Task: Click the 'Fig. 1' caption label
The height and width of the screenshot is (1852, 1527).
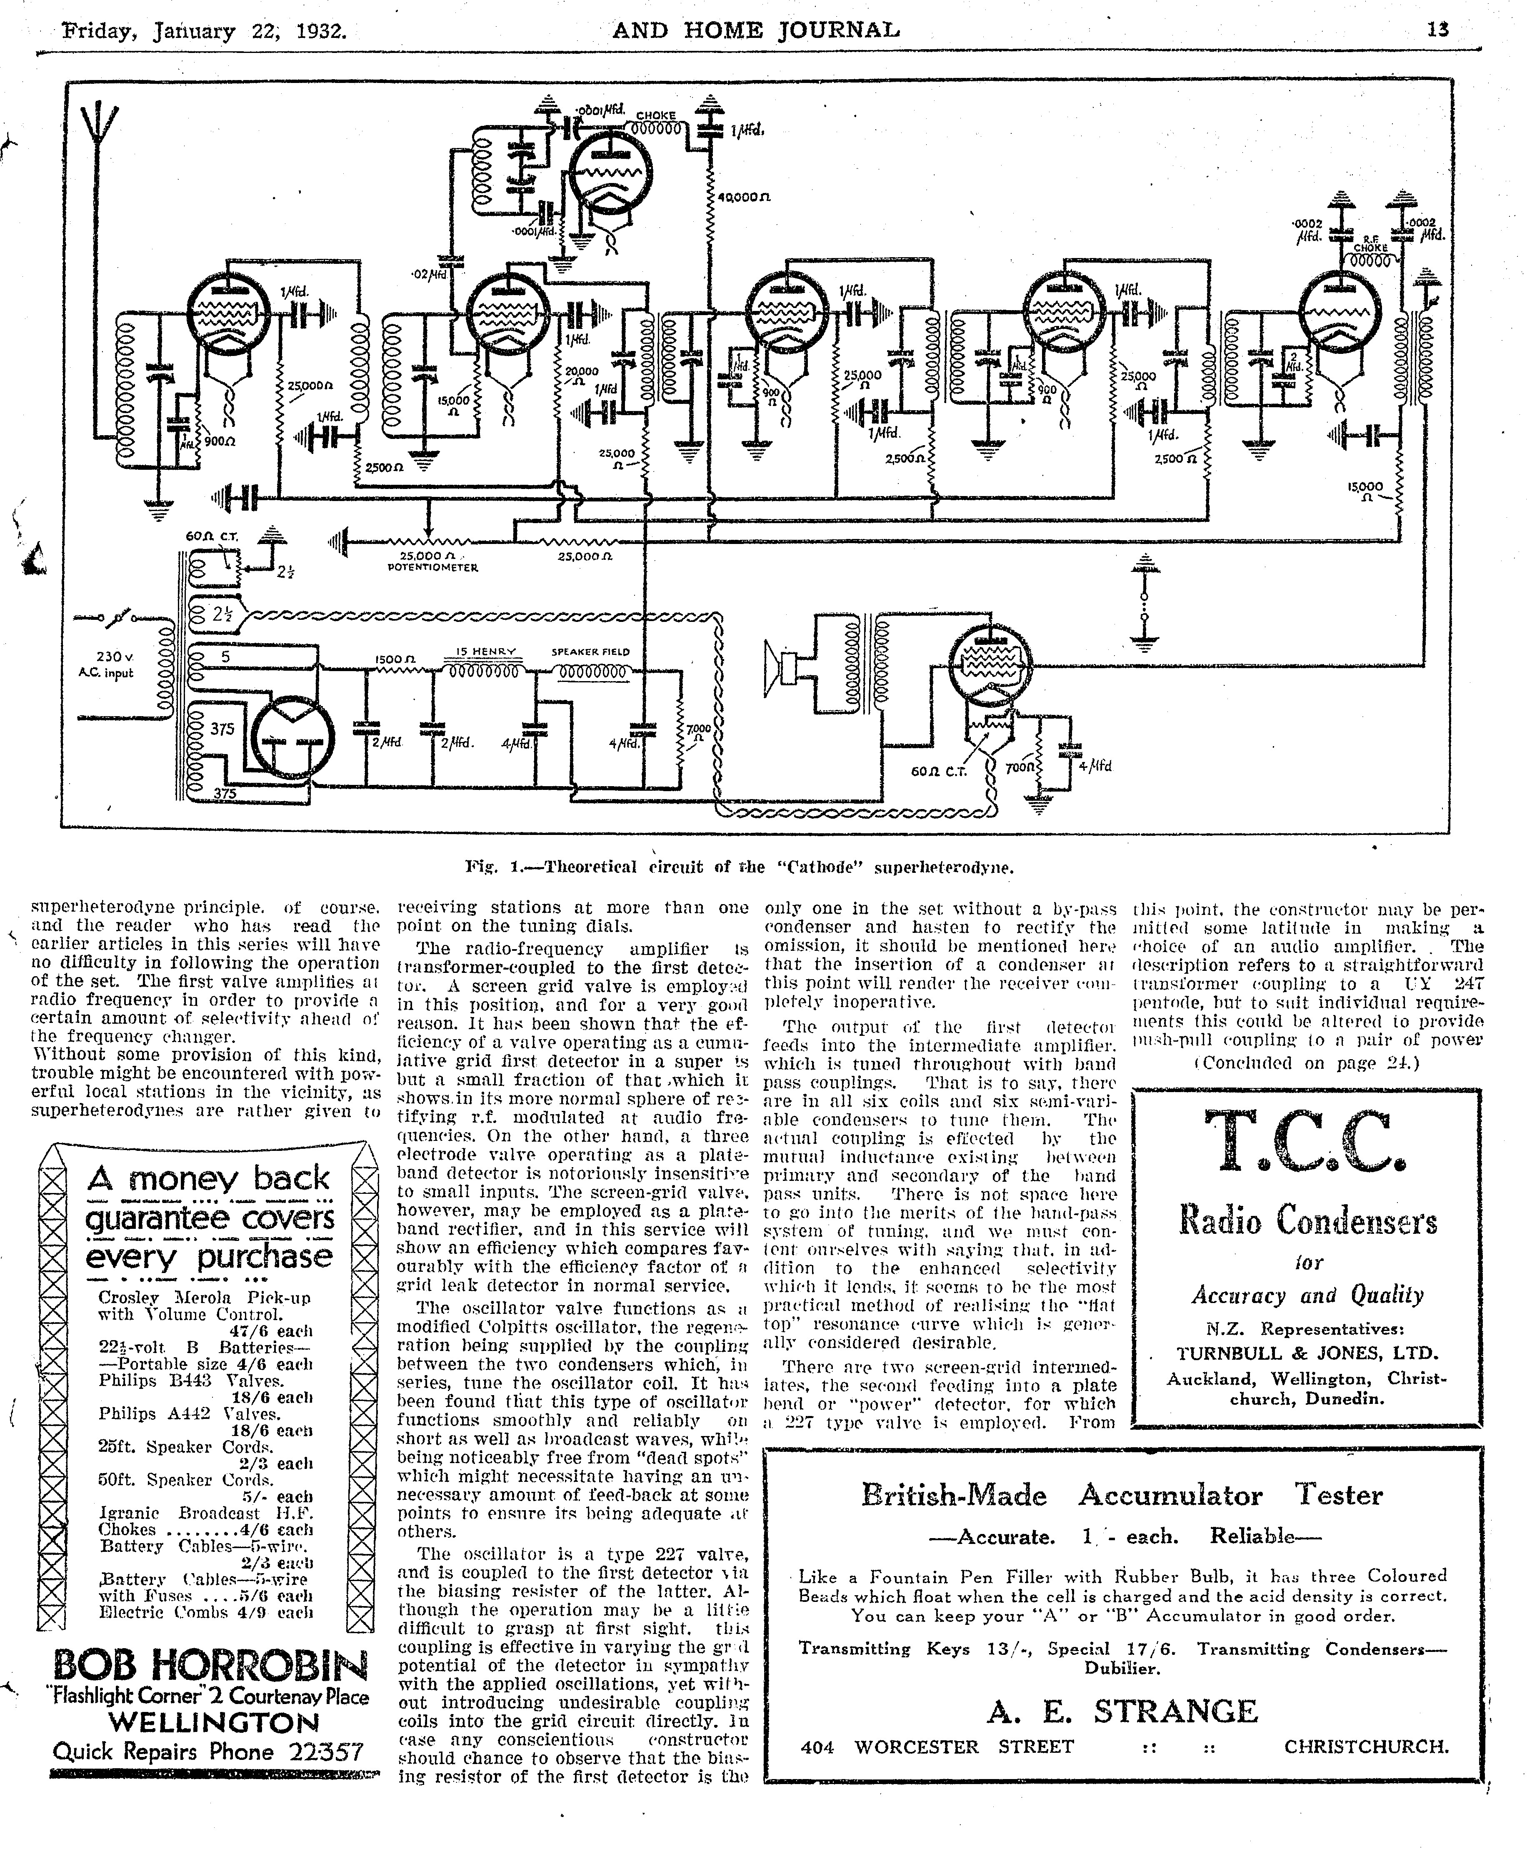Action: coord(495,867)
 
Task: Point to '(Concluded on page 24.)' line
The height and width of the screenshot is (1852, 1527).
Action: coord(1306,1063)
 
